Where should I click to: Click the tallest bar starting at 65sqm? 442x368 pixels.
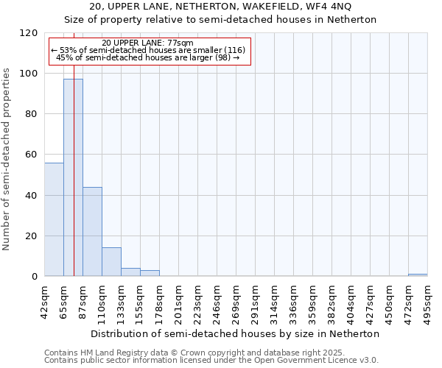pyautogui.click(x=73, y=177)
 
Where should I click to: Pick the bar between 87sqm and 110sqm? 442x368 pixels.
pyautogui.click(x=92, y=232)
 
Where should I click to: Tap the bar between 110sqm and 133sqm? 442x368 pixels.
pyautogui.click(x=111, y=262)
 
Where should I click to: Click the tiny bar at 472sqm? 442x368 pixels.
pyautogui.click(x=418, y=275)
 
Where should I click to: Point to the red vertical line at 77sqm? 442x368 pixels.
pyautogui.click(x=74, y=147)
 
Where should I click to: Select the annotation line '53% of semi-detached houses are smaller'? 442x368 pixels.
pyautogui.click(x=147, y=50)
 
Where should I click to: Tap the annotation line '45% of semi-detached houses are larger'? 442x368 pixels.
pyautogui.click(x=147, y=57)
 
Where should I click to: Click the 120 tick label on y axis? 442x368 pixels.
pyautogui.click(x=28, y=33)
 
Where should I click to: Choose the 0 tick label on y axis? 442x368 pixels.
pyautogui.click(x=34, y=277)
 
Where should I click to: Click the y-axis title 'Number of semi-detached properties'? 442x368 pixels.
pyautogui.click(x=7, y=155)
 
